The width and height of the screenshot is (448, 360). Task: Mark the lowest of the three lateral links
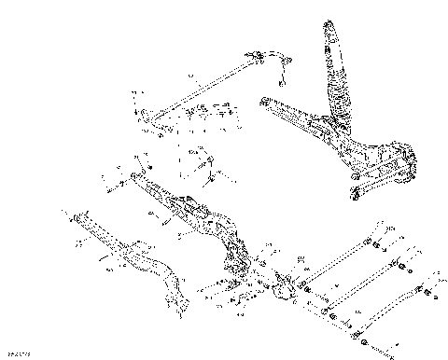point(383,308)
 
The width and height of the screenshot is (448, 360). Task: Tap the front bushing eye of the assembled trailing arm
point(262,104)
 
